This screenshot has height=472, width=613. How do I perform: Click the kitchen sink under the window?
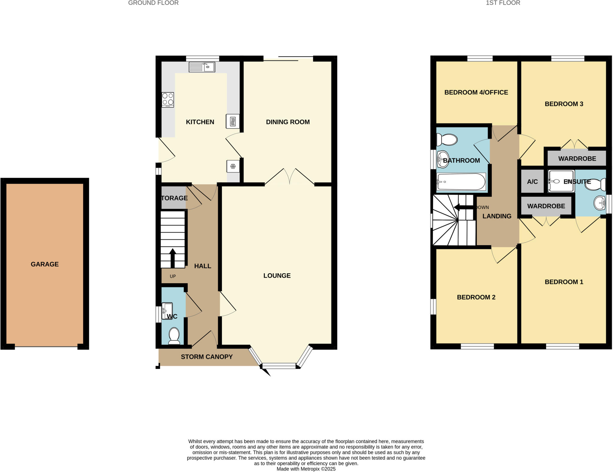pyautogui.click(x=202, y=67)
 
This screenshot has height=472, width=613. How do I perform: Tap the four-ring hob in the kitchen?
pyautogui.click(x=168, y=99)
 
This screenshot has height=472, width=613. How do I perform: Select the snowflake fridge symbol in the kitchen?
pyautogui.click(x=233, y=166)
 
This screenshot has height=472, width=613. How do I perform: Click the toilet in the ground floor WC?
pyautogui.click(x=174, y=336)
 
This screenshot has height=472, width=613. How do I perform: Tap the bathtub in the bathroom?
pyautogui.click(x=461, y=182)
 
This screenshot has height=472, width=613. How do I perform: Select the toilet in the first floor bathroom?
pyautogui.click(x=447, y=140)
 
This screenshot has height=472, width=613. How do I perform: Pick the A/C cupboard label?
pyautogui.click(x=532, y=182)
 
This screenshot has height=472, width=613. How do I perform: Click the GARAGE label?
pyautogui.click(x=45, y=264)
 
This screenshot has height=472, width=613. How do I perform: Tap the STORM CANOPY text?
pyautogui.click(x=207, y=357)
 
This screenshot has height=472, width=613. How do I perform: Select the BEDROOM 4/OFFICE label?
pyautogui.click(x=476, y=92)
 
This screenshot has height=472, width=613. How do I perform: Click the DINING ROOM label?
pyautogui.click(x=288, y=122)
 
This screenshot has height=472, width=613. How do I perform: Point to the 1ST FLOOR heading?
pyautogui.click(x=503, y=3)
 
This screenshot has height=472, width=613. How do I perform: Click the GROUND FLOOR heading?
pyautogui.click(x=153, y=3)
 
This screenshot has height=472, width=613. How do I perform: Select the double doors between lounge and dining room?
pyautogui.click(x=289, y=177)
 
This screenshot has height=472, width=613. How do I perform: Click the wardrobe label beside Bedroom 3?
pyautogui.click(x=577, y=159)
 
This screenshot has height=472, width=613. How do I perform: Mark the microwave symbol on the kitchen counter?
pyautogui.click(x=233, y=121)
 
